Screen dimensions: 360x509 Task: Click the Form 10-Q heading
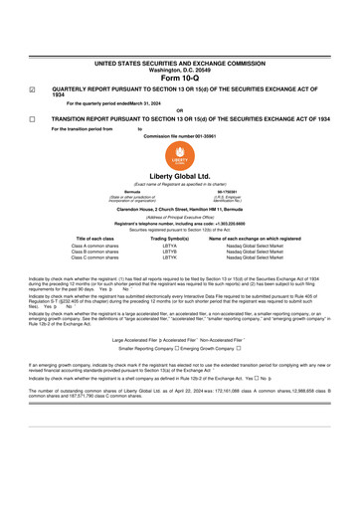[180, 78]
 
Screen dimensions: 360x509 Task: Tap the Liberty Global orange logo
[180, 159]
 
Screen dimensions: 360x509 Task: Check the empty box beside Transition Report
[34, 118]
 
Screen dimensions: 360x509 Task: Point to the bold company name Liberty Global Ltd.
[180, 176]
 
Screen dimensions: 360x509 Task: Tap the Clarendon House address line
[180, 209]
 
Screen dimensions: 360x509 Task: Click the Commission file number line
[180, 135]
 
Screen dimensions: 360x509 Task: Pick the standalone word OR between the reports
[179, 110]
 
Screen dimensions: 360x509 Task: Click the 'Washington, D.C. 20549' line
[180, 70]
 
